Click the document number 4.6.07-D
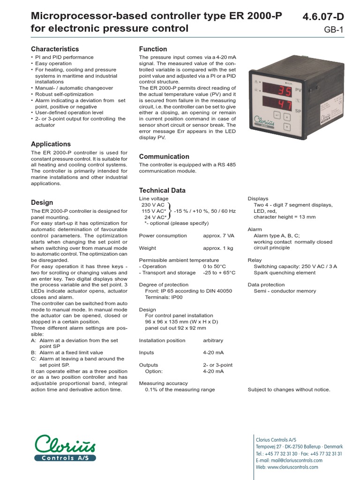pyautogui.click(x=323, y=17)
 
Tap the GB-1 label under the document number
pyautogui.click(x=334, y=30)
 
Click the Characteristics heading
pyautogui.click(x=55, y=49)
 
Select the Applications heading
pyautogui.click(x=51, y=144)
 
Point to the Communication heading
pyautogui.click(x=164, y=157)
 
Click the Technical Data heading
pyautogui.click(x=162, y=190)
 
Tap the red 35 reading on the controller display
pyautogui.click(x=283, y=91)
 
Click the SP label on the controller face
pyautogui.click(x=298, y=111)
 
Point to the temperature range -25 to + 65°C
pyautogui.click(x=219, y=272)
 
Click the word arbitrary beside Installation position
pyautogui.click(x=213, y=340)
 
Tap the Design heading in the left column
pyautogui.click(x=42, y=202)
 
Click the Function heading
pyautogui.click(x=153, y=49)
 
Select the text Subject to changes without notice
pyautogui.click(x=289, y=390)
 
